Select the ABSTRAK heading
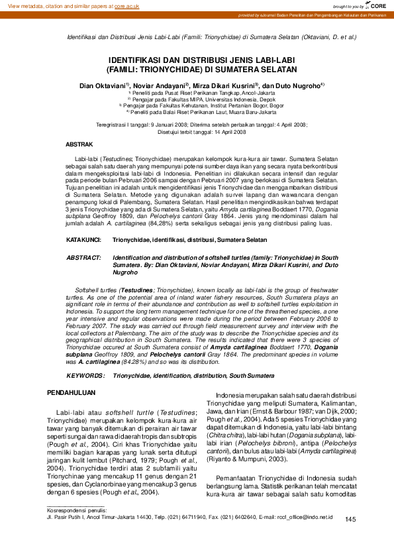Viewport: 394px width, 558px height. pyautogui.click(x=79, y=143)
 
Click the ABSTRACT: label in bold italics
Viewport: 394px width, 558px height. pyautogui.click(x=84, y=256)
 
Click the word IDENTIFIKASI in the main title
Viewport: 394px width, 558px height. pyautogui.click(x=136, y=59)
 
